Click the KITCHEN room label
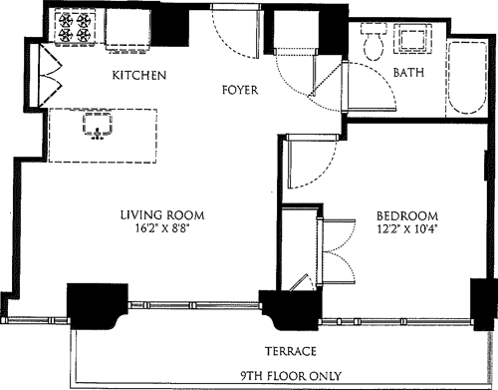[138, 76]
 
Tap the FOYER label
[240, 91]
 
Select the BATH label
[409, 74]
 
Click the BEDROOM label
[407, 215]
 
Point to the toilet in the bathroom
[374, 43]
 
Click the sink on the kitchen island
[96, 124]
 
